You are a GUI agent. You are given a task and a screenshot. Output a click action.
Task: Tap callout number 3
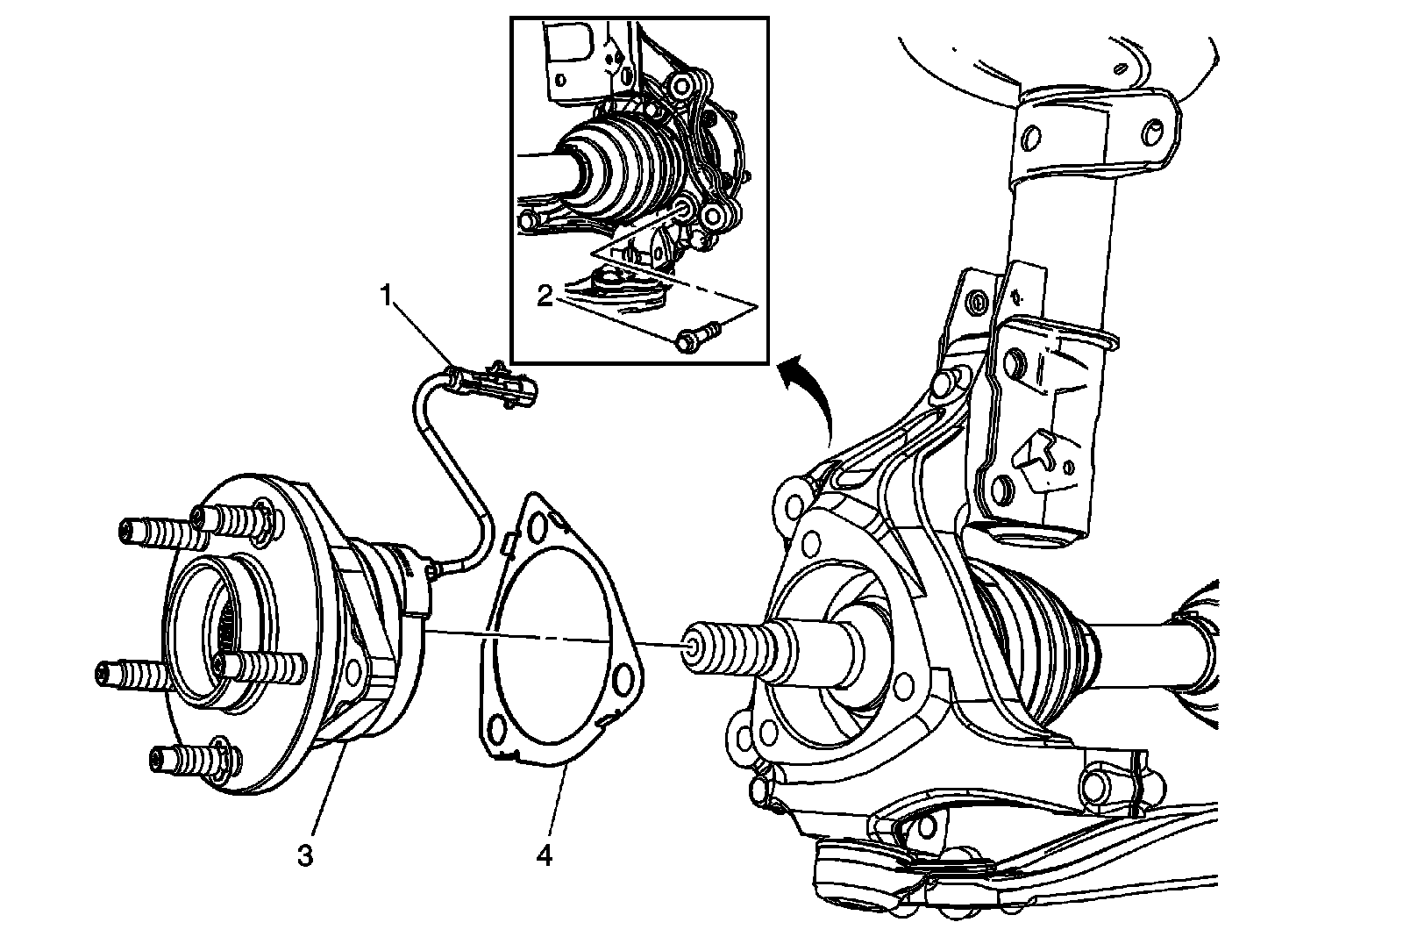coord(305,855)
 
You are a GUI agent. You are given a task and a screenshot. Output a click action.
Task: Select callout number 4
coord(545,855)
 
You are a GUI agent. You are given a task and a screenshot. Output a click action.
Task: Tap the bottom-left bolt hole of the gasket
coord(496,730)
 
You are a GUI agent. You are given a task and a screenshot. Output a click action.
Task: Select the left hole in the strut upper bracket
coord(1031,138)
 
